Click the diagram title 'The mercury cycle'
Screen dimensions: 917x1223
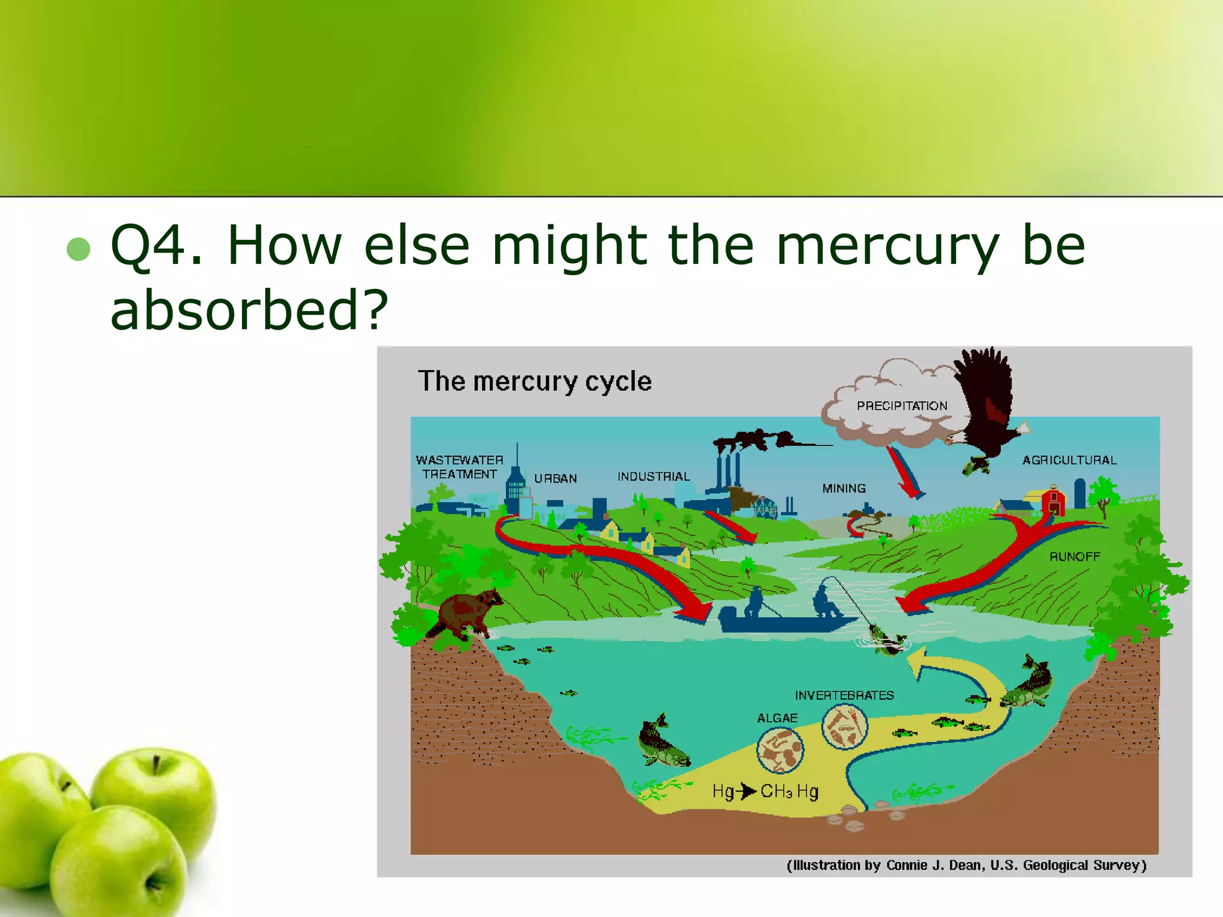click(x=534, y=381)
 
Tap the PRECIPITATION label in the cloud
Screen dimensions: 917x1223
click(x=902, y=406)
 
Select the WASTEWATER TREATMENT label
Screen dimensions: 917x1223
click(x=459, y=467)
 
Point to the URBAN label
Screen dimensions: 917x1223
click(x=555, y=478)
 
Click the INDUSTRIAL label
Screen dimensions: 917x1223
click(x=653, y=476)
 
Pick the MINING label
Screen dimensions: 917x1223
click(x=844, y=488)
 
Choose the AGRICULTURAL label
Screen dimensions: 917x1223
click(x=1069, y=460)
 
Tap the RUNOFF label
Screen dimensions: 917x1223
click(x=1074, y=556)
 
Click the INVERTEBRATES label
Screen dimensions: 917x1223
click(x=844, y=696)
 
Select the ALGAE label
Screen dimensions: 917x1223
click(x=777, y=718)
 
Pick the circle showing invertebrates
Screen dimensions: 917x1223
click(x=844, y=727)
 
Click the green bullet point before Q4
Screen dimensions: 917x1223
click(x=78, y=249)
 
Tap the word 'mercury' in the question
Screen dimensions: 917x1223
click(x=887, y=246)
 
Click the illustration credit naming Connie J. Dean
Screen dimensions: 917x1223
click(x=966, y=865)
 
